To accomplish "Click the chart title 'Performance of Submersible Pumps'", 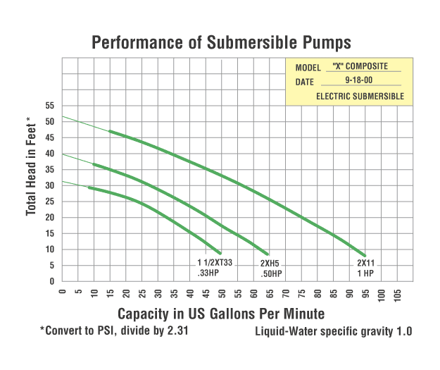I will (x=221, y=43).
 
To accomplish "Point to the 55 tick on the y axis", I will (x=50, y=106).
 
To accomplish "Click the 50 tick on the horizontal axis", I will (x=222, y=292).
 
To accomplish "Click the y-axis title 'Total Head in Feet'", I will (x=30, y=166).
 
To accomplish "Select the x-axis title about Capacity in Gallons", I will (x=221, y=313).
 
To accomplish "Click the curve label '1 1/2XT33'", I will (x=215, y=264).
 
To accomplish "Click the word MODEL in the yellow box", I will (x=308, y=68).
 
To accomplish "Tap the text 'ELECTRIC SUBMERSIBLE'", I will (x=360, y=96).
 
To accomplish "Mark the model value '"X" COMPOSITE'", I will (x=365, y=67).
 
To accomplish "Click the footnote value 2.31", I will (x=175, y=330).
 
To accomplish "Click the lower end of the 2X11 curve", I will (x=365, y=255).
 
